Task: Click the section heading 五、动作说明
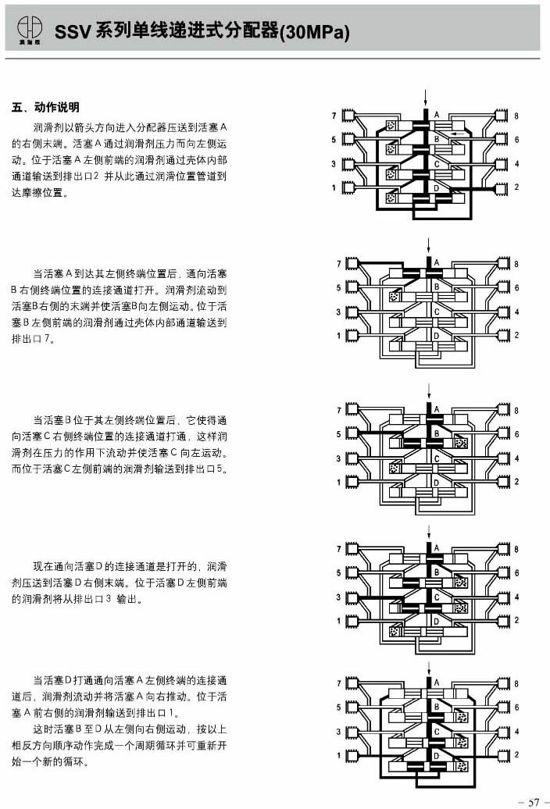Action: (x=47, y=107)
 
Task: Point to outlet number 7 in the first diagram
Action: (x=334, y=116)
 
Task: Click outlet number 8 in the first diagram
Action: (x=516, y=116)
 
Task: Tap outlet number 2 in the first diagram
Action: (x=516, y=187)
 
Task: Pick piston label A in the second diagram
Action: (x=437, y=262)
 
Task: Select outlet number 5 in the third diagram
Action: (x=338, y=434)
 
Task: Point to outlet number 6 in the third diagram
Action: (x=516, y=434)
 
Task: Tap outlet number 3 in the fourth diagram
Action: (x=338, y=597)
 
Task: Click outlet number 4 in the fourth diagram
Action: (x=516, y=597)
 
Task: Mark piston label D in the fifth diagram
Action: (x=437, y=755)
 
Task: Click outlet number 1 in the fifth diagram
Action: (x=338, y=755)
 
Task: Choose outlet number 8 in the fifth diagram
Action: (x=516, y=683)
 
